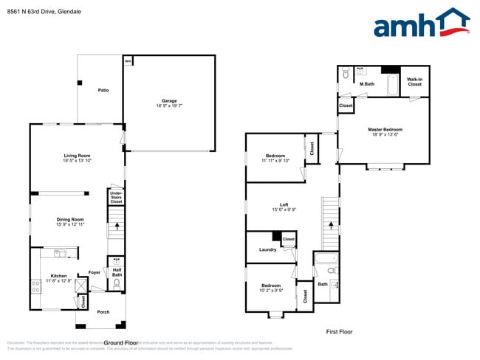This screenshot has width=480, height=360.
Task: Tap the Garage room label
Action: pos(169,101)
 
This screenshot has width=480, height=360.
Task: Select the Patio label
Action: pos(104,90)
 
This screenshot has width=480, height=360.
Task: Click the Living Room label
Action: pos(77,156)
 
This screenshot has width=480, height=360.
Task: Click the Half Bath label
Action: pos(117,273)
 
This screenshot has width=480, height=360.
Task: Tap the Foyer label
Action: pos(95,272)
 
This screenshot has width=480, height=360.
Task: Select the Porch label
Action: pos(103,312)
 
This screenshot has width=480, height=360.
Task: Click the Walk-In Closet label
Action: pos(414,82)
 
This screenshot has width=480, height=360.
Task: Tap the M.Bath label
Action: pos(367,84)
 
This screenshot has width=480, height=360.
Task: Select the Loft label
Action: pos(284,204)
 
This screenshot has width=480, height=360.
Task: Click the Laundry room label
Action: pos(267,249)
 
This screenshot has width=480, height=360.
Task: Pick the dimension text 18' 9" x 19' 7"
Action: pos(169,106)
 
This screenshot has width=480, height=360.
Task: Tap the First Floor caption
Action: pos(339,332)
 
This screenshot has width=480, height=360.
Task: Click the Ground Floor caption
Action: pos(121,342)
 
